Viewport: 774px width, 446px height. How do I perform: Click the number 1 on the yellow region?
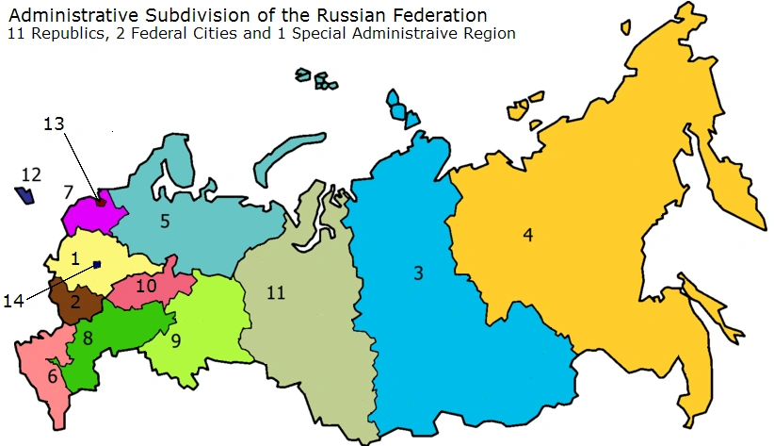click(75, 254)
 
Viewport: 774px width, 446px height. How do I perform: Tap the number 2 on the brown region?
click(74, 303)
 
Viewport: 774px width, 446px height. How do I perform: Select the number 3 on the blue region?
click(418, 273)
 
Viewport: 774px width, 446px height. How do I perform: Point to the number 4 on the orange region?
click(528, 235)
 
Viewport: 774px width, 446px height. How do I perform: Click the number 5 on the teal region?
click(164, 223)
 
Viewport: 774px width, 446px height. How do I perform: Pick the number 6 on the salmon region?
click(53, 376)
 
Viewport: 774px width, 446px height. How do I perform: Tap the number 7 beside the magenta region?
click(68, 192)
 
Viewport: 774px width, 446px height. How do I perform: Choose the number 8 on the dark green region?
click(87, 338)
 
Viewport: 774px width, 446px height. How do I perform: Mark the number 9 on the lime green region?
click(175, 340)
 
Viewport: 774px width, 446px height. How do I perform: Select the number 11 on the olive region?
click(275, 292)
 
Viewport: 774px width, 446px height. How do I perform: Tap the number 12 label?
click(31, 174)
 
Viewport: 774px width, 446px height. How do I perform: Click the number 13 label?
click(55, 124)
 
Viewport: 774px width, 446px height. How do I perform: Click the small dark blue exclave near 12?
click(25, 196)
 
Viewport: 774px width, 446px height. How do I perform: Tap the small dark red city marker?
click(101, 201)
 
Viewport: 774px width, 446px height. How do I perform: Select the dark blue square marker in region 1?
click(96, 265)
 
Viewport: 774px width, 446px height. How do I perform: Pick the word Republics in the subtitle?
click(58, 34)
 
